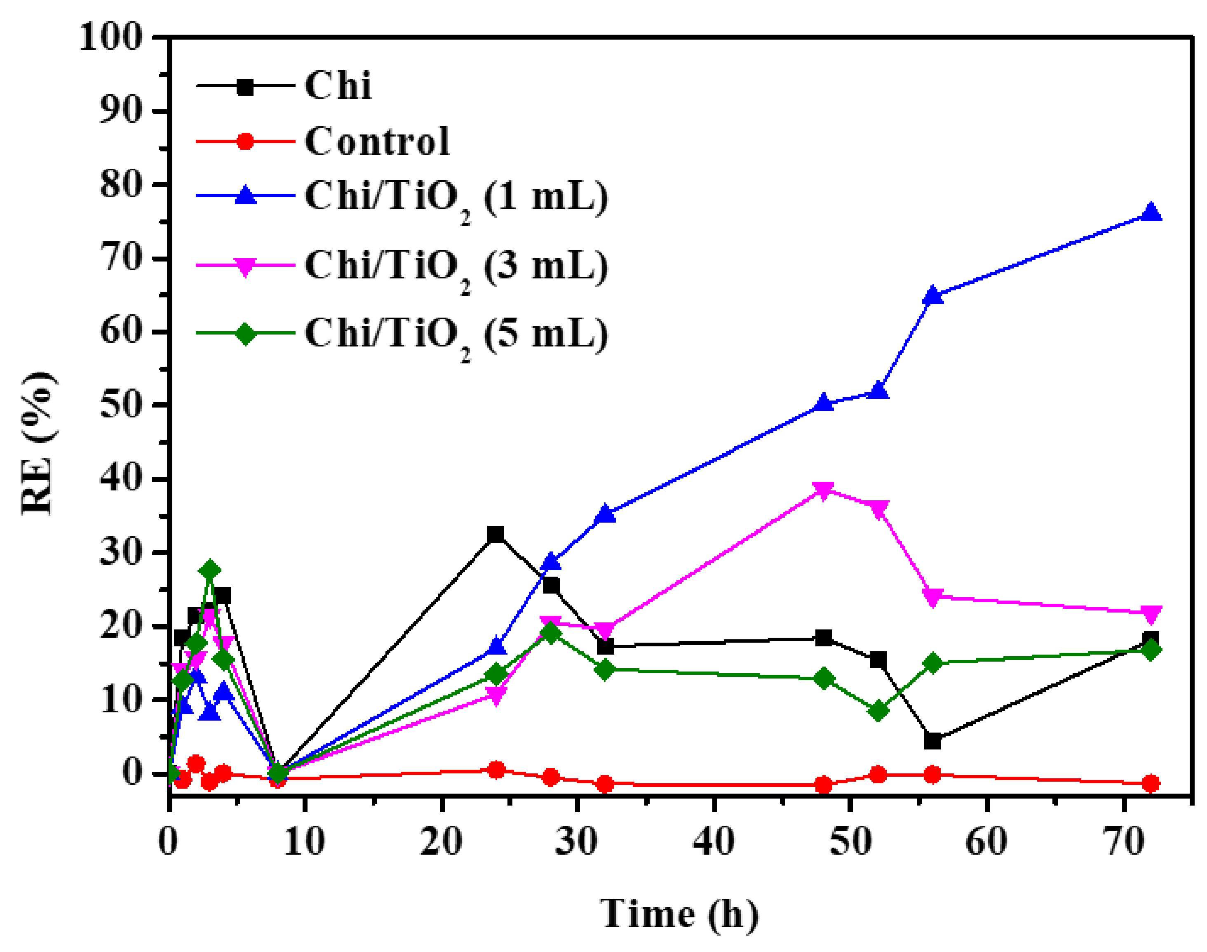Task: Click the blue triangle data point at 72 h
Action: click(x=1150, y=213)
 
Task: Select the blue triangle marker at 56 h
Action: click(x=932, y=295)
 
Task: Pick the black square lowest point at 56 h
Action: click(x=932, y=741)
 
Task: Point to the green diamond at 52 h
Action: click(x=878, y=711)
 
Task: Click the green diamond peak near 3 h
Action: click(x=210, y=570)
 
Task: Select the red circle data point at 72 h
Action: click(x=1150, y=783)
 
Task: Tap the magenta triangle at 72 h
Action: click(x=1150, y=614)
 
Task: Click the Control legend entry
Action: click(x=376, y=141)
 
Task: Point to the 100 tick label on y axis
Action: click(x=111, y=38)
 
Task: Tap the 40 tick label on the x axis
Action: click(x=714, y=841)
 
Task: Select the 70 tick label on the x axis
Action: click(x=1123, y=841)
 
